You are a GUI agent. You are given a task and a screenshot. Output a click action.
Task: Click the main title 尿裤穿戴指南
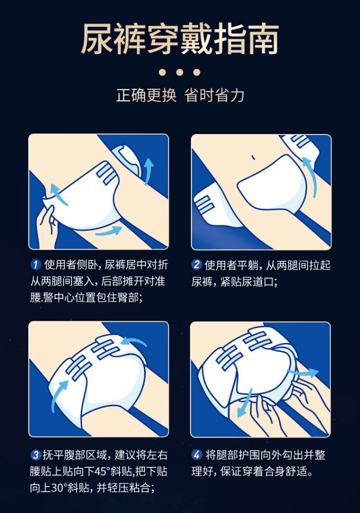coord(180,38)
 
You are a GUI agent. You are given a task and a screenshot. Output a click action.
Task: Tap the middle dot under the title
coord(180,73)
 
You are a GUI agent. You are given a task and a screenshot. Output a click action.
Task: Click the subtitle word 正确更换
coord(146,96)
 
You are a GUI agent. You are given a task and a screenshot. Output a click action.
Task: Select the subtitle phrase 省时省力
coord(214,96)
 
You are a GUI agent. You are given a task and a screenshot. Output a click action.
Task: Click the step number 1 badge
coord(36,264)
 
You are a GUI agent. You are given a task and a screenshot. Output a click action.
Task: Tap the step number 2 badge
coord(196,264)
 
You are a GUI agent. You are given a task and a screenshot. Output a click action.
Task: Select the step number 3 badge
coord(36,455)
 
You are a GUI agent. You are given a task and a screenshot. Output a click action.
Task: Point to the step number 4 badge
coord(196,455)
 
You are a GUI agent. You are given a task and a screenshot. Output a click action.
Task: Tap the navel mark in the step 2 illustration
coord(253,158)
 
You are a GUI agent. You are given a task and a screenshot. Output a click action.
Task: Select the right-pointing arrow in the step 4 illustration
coord(302,372)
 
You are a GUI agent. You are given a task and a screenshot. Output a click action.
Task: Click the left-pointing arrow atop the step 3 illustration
coord(133,342)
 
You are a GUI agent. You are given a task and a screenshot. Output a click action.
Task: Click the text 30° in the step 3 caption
coord(59,488)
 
